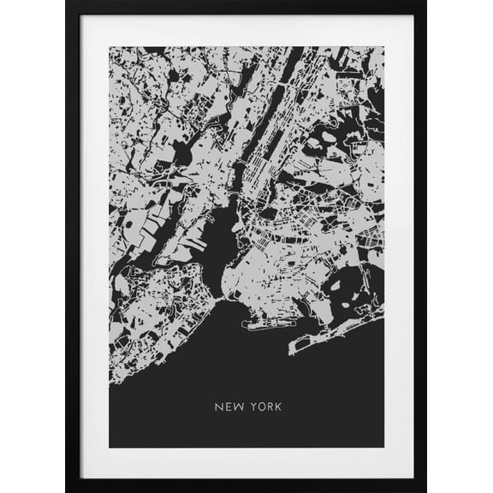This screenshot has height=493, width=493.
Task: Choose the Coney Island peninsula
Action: (261, 324)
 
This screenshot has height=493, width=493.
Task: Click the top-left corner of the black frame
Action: (68, 3)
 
